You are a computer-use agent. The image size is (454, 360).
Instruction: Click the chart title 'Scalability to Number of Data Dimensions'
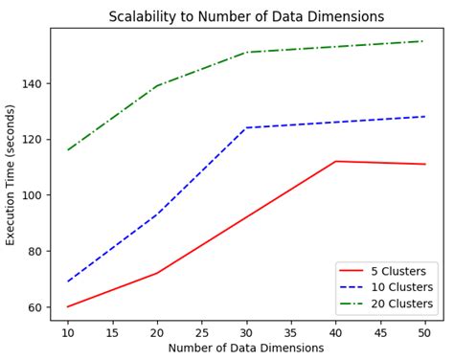pyautogui.click(x=246, y=16)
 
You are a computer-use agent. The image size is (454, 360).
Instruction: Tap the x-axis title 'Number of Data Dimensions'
pyautogui.click(x=246, y=348)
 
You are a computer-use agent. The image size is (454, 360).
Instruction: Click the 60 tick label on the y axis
pyautogui.click(x=37, y=307)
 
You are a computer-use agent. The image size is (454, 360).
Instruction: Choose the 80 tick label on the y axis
pyautogui.click(x=37, y=251)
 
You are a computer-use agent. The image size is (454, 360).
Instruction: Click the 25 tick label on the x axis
pyautogui.click(x=202, y=331)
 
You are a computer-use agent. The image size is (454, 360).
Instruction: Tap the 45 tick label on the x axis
pyautogui.click(x=379, y=331)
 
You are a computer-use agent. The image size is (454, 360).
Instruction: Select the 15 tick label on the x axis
pyautogui.click(x=113, y=331)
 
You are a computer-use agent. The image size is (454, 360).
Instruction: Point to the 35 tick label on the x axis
pyautogui.click(x=291, y=331)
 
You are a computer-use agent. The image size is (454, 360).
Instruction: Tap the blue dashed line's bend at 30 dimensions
pyautogui.click(x=246, y=127)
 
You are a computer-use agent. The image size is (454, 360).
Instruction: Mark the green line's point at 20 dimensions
pyautogui.click(x=157, y=86)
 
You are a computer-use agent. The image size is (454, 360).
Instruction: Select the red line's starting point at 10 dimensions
pyautogui.click(x=68, y=306)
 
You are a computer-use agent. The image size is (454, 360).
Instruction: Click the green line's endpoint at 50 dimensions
pyautogui.click(x=424, y=41)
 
